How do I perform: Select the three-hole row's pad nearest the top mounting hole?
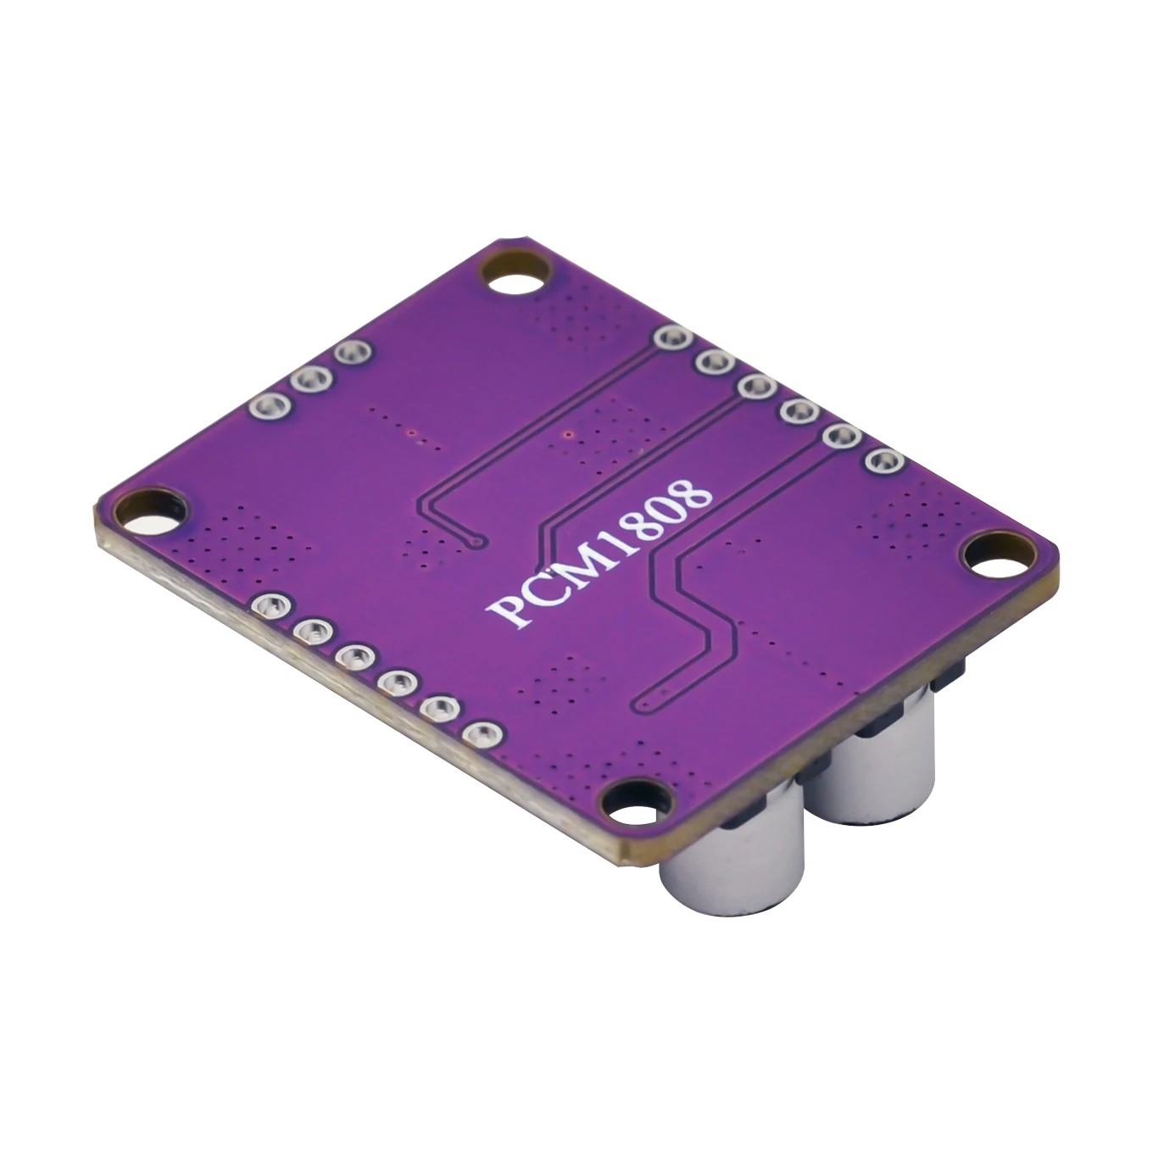pos(349,352)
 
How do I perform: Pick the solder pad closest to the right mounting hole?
pos(883,461)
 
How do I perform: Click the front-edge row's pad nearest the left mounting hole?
pos(269,605)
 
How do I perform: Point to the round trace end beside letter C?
pos(476,540)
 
